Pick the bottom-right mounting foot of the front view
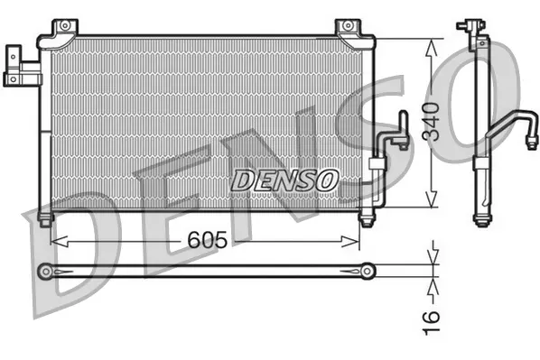(x=366, y=219)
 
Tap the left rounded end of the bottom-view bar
(x=46, y=270)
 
